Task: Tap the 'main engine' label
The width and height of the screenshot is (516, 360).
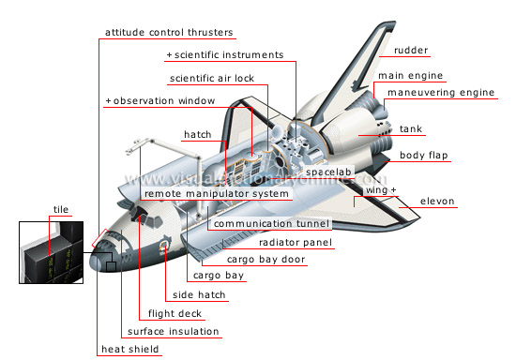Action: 410,75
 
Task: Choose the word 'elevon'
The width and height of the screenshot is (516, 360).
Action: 438,201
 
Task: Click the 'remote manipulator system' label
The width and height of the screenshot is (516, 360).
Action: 217,194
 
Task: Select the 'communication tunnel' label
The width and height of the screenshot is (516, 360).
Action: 271,224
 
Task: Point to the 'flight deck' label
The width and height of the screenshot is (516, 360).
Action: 171,313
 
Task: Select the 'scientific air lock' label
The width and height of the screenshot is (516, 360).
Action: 212,78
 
